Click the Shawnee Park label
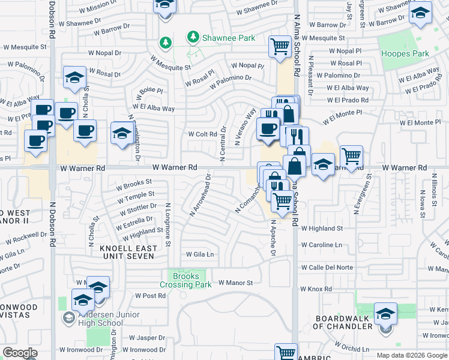tap(228, 38)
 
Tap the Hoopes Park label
tap(405, 54)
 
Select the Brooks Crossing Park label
tap(185, 280)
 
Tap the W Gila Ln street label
tap(200, 254)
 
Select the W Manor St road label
tap(235, 283)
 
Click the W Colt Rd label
tap(202, 134)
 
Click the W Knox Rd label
tap(316, 289)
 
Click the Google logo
tap(20, 353)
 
